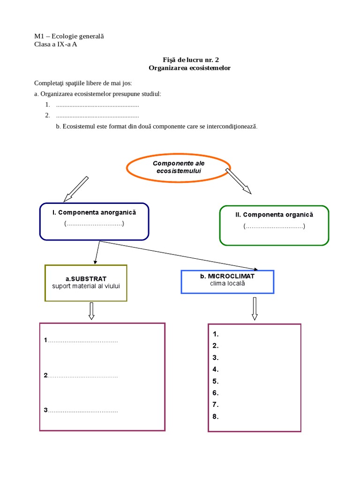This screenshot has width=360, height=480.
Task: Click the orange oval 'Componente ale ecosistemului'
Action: pos(179,167)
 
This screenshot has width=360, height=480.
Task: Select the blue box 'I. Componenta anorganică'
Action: pos(94,220)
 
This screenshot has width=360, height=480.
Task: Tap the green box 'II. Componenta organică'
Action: pos(274,225)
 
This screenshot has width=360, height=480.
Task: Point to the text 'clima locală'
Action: pos(227,284)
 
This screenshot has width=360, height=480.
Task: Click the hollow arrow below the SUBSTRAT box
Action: pos(91,311)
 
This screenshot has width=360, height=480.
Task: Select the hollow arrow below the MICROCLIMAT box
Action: pos(255,308)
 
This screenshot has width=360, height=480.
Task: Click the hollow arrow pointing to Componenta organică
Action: pos(239,180)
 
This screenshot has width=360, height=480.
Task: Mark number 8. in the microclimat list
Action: pos(216,416)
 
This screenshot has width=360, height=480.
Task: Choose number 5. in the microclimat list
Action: pos(216,381)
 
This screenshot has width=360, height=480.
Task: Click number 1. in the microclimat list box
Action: pos(216,334)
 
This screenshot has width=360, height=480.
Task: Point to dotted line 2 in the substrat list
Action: pos(82,375)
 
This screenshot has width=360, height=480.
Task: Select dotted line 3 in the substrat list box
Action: pos(82,411)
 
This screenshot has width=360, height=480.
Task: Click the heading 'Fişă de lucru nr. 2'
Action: pos(191,60)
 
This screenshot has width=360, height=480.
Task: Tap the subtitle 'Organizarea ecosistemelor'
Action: pos(190,68)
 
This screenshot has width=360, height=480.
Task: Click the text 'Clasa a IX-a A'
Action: pos(56,45)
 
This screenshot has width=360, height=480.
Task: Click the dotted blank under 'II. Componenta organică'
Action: pos(274,227)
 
